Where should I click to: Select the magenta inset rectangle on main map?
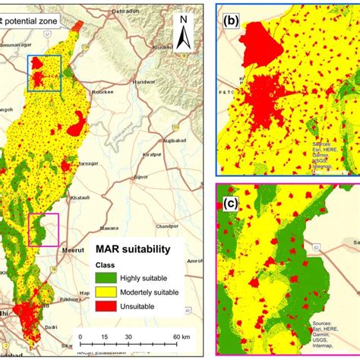click(43, 229)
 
